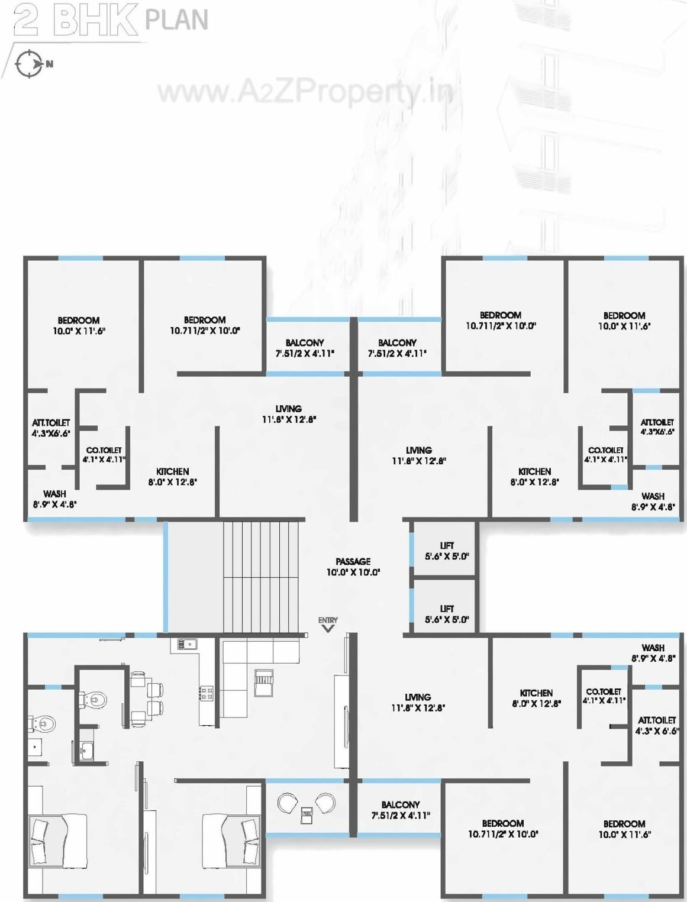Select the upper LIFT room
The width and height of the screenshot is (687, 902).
click(x=447, y=551)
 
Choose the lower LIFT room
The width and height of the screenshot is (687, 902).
click(x=447, y=613)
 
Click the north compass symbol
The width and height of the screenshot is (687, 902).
click(x=29, y=64)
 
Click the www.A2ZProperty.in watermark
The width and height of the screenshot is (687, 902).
click(x=305, y=92)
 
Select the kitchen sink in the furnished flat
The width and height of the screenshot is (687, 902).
click(x=184, y=644)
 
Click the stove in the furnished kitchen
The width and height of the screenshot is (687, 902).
click(x=207, y=693)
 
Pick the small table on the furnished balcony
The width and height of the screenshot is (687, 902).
click(x=307, y=815)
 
